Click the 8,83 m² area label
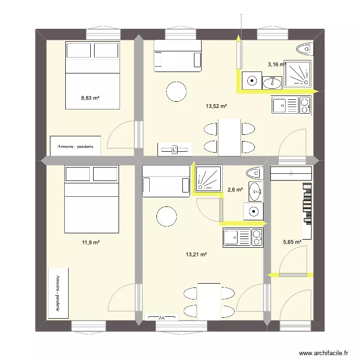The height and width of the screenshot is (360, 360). [x=90, y=98]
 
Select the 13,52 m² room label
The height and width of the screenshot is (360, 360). [x=216, y=107]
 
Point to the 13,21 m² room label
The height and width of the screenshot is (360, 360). [x=196, y=254]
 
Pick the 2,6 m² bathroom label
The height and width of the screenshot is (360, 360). [x=235, y=190]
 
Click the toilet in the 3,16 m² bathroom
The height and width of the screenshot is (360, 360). [x=304, y=49]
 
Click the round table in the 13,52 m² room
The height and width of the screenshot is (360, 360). [x=176, y=91]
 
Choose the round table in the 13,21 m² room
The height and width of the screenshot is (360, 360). [x=167, y=216]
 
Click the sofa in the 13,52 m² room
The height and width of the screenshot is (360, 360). [x=177, y=56]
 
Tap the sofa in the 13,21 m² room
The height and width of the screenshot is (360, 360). [x=166, y=181]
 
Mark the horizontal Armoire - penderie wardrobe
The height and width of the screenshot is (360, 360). [x=75, y=145]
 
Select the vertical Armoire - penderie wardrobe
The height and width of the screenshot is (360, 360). [x=58, y=293]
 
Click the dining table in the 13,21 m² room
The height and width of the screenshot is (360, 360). [x=209, y=300]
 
